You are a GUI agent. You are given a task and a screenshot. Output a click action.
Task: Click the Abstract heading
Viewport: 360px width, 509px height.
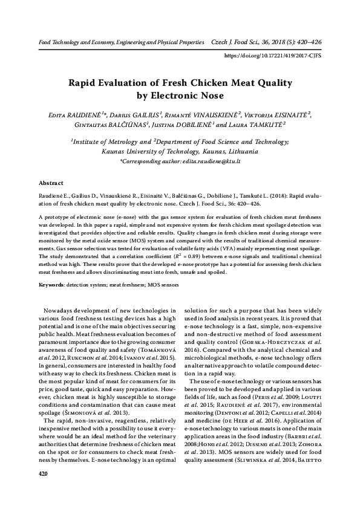[51, 182]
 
